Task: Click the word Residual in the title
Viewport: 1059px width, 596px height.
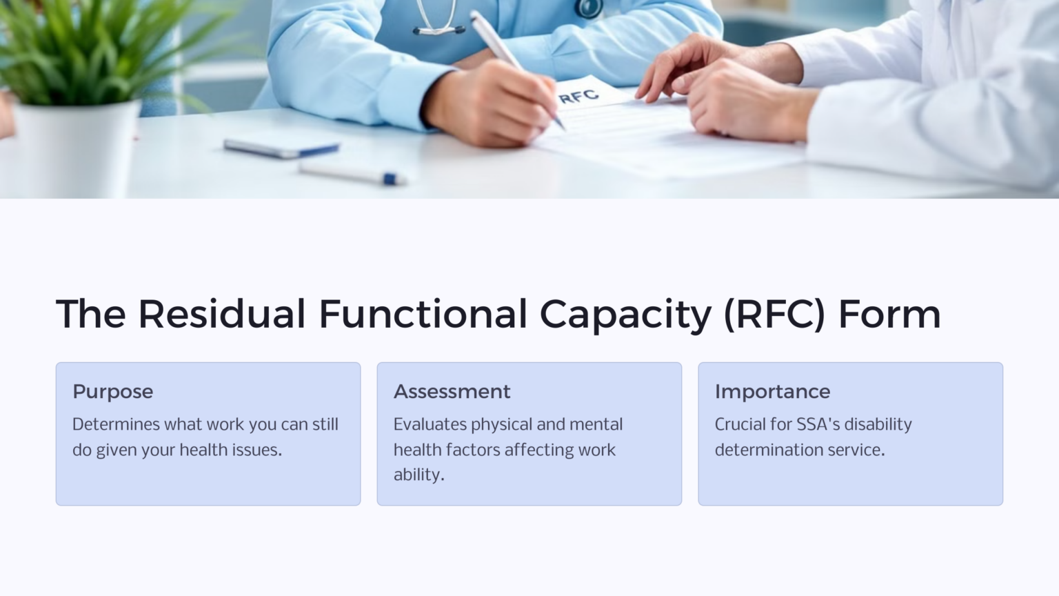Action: coord(221,314)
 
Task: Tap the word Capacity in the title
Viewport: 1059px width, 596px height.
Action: coord(625,314)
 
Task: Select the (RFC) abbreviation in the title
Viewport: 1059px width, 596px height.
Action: coord(774,314)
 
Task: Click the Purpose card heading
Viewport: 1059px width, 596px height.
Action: coord(113,391)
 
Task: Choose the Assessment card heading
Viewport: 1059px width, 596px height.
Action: coord(452,391)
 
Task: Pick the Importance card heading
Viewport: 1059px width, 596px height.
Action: coord(772,391)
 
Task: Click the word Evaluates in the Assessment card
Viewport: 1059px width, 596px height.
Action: coord(430,424)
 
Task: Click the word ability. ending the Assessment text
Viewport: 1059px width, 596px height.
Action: coord(418,475)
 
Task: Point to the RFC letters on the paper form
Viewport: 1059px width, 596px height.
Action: coord(578,96)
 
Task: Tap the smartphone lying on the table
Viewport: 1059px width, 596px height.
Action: coord(281,148)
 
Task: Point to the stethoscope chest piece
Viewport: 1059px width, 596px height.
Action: coord(590,8)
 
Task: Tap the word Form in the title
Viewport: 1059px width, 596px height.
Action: coord(889,314)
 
